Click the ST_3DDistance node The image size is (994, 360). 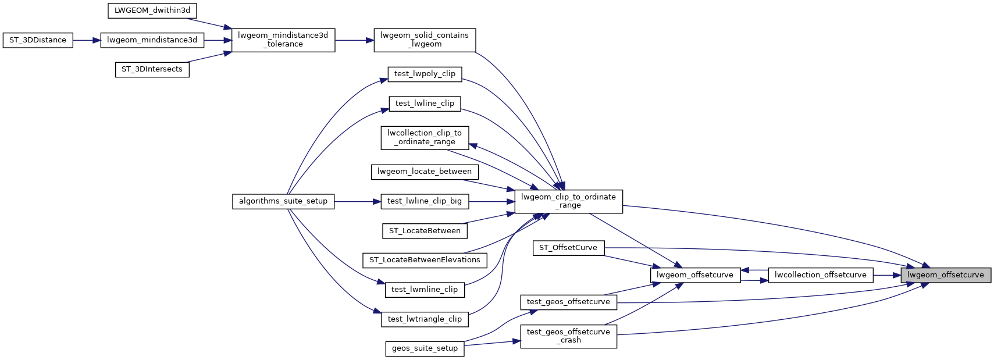[x=38, y=40]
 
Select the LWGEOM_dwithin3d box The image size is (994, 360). [x=152, y=10]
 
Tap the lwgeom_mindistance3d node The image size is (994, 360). [x=152, y=40]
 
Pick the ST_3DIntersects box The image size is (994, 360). [x=152, y=69]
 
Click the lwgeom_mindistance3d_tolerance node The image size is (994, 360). [x=283, y=40]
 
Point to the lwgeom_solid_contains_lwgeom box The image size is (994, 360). [x=425, y=40]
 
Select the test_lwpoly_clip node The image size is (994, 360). [x=425, y=74]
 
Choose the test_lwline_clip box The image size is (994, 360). [x=425, y=104]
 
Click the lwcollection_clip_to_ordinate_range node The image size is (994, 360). [x=425, y=137]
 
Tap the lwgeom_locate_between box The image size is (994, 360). [x=425, y=172]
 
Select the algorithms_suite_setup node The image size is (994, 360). [x=283, y=201]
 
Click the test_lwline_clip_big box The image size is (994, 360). [x=425, y=201]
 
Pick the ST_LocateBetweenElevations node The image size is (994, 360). [x=425, y=260]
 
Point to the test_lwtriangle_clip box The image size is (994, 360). [x=425, y=319]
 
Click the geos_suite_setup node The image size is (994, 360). [x=425, y=348]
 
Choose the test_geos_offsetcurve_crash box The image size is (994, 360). [x=568, y=336]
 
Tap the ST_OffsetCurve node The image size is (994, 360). [x=568, y=248]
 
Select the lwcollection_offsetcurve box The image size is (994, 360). [x=820, y=275]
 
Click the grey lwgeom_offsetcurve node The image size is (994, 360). [x=945, y=275]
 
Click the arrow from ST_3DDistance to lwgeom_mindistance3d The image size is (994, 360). [x=87, y=40]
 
